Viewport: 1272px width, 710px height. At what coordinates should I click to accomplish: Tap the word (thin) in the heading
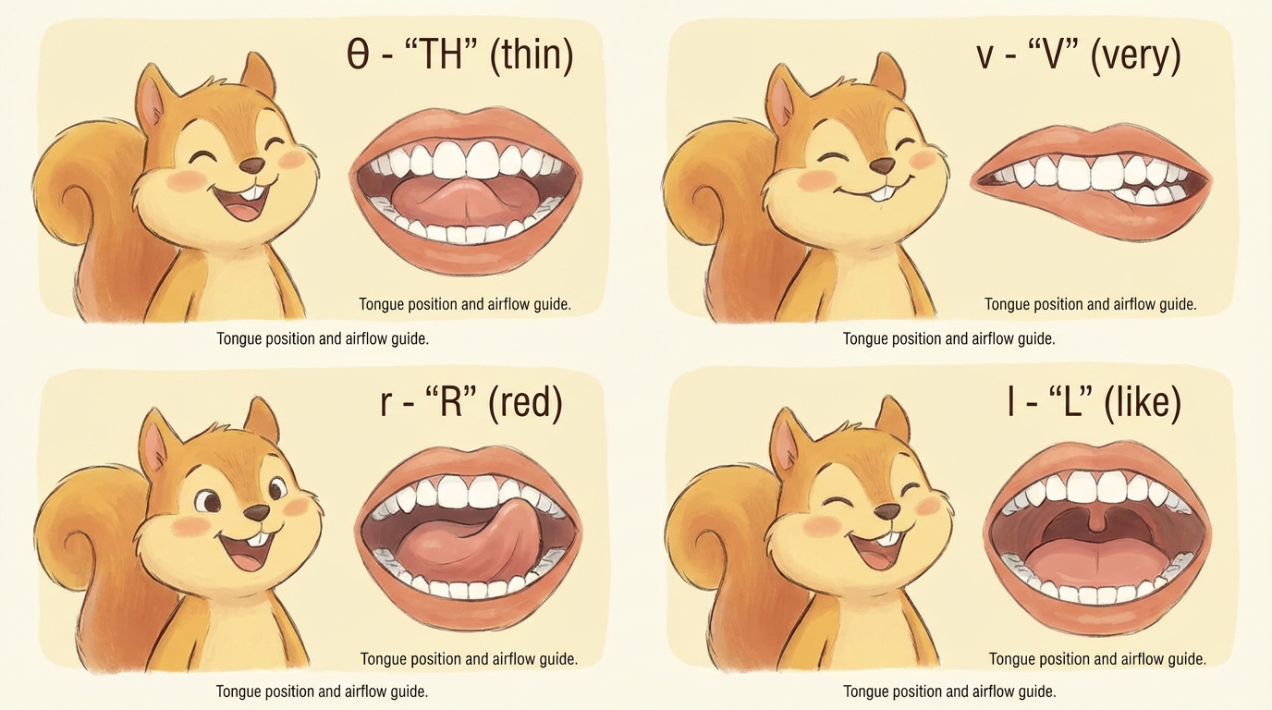531,56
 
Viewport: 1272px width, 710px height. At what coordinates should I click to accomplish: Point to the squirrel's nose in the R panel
256,512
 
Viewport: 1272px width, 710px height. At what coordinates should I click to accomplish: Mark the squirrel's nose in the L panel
887,511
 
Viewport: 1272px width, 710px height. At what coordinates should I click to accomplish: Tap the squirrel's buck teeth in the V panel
883,194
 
